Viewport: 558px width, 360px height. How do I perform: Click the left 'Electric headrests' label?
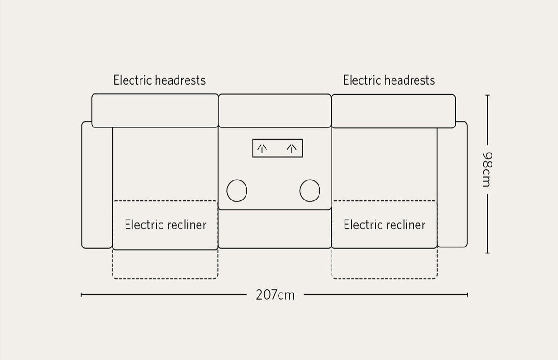pos(159,80)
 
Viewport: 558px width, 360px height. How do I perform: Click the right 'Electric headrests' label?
pos(389,80)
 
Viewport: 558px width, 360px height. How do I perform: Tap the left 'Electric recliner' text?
pos(166,225)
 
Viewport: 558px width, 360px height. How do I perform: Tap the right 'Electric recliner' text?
pos(384,225)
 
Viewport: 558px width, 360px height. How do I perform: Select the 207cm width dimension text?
pos(275,295)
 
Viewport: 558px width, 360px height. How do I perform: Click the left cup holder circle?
pos(237,190)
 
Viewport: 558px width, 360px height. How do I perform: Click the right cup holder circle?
pos(310,190)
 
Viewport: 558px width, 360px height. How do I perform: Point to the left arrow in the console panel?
pos(262,148)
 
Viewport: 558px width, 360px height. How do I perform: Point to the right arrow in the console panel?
pos(292,148)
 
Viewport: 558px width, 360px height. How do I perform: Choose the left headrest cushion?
pos(155,111)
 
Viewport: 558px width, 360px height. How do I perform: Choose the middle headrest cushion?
pos(275,111)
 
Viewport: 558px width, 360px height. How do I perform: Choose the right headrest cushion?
pos(393,111)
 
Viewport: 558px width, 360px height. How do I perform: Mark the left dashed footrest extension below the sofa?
pos(165,264)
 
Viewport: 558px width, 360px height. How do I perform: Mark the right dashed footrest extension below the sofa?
pos(385,264)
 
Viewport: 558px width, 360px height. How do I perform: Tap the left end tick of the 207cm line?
pos(82,294)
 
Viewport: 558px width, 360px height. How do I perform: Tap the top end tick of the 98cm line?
pos(487,95)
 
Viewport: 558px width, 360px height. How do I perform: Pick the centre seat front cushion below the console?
pos(274,229)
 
